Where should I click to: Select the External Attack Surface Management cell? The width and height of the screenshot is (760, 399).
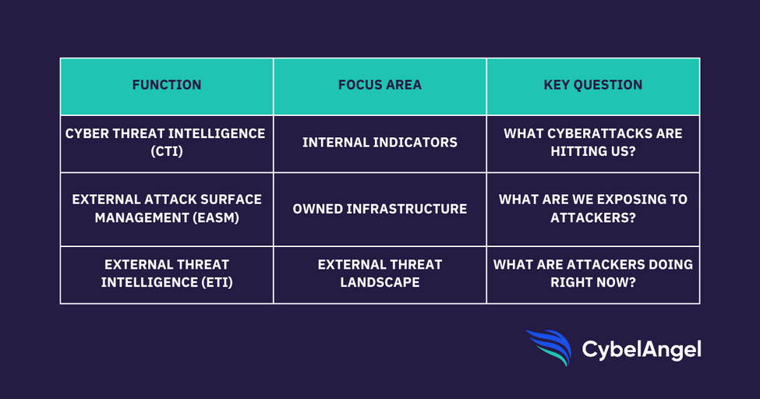point(167,209)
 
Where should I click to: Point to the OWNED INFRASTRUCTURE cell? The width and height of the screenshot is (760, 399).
point(380,209)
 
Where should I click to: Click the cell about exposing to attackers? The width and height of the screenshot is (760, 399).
point(592,209)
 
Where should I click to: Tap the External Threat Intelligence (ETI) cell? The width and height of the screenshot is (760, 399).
point(167,274)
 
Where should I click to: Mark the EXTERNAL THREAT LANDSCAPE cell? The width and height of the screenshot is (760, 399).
point(380,274)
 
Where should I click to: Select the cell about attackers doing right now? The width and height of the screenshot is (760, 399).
point(592,274)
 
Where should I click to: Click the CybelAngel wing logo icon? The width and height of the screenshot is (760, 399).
point(550,348)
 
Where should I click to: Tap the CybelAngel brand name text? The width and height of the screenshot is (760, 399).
point(642,350)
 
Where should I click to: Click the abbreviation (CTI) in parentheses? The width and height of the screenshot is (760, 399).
point(167,151)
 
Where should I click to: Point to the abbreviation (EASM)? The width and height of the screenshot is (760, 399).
point(216,217)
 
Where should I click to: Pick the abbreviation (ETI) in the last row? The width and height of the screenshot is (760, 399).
point(214,283)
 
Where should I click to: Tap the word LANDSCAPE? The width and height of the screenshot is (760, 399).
point(380,283)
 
